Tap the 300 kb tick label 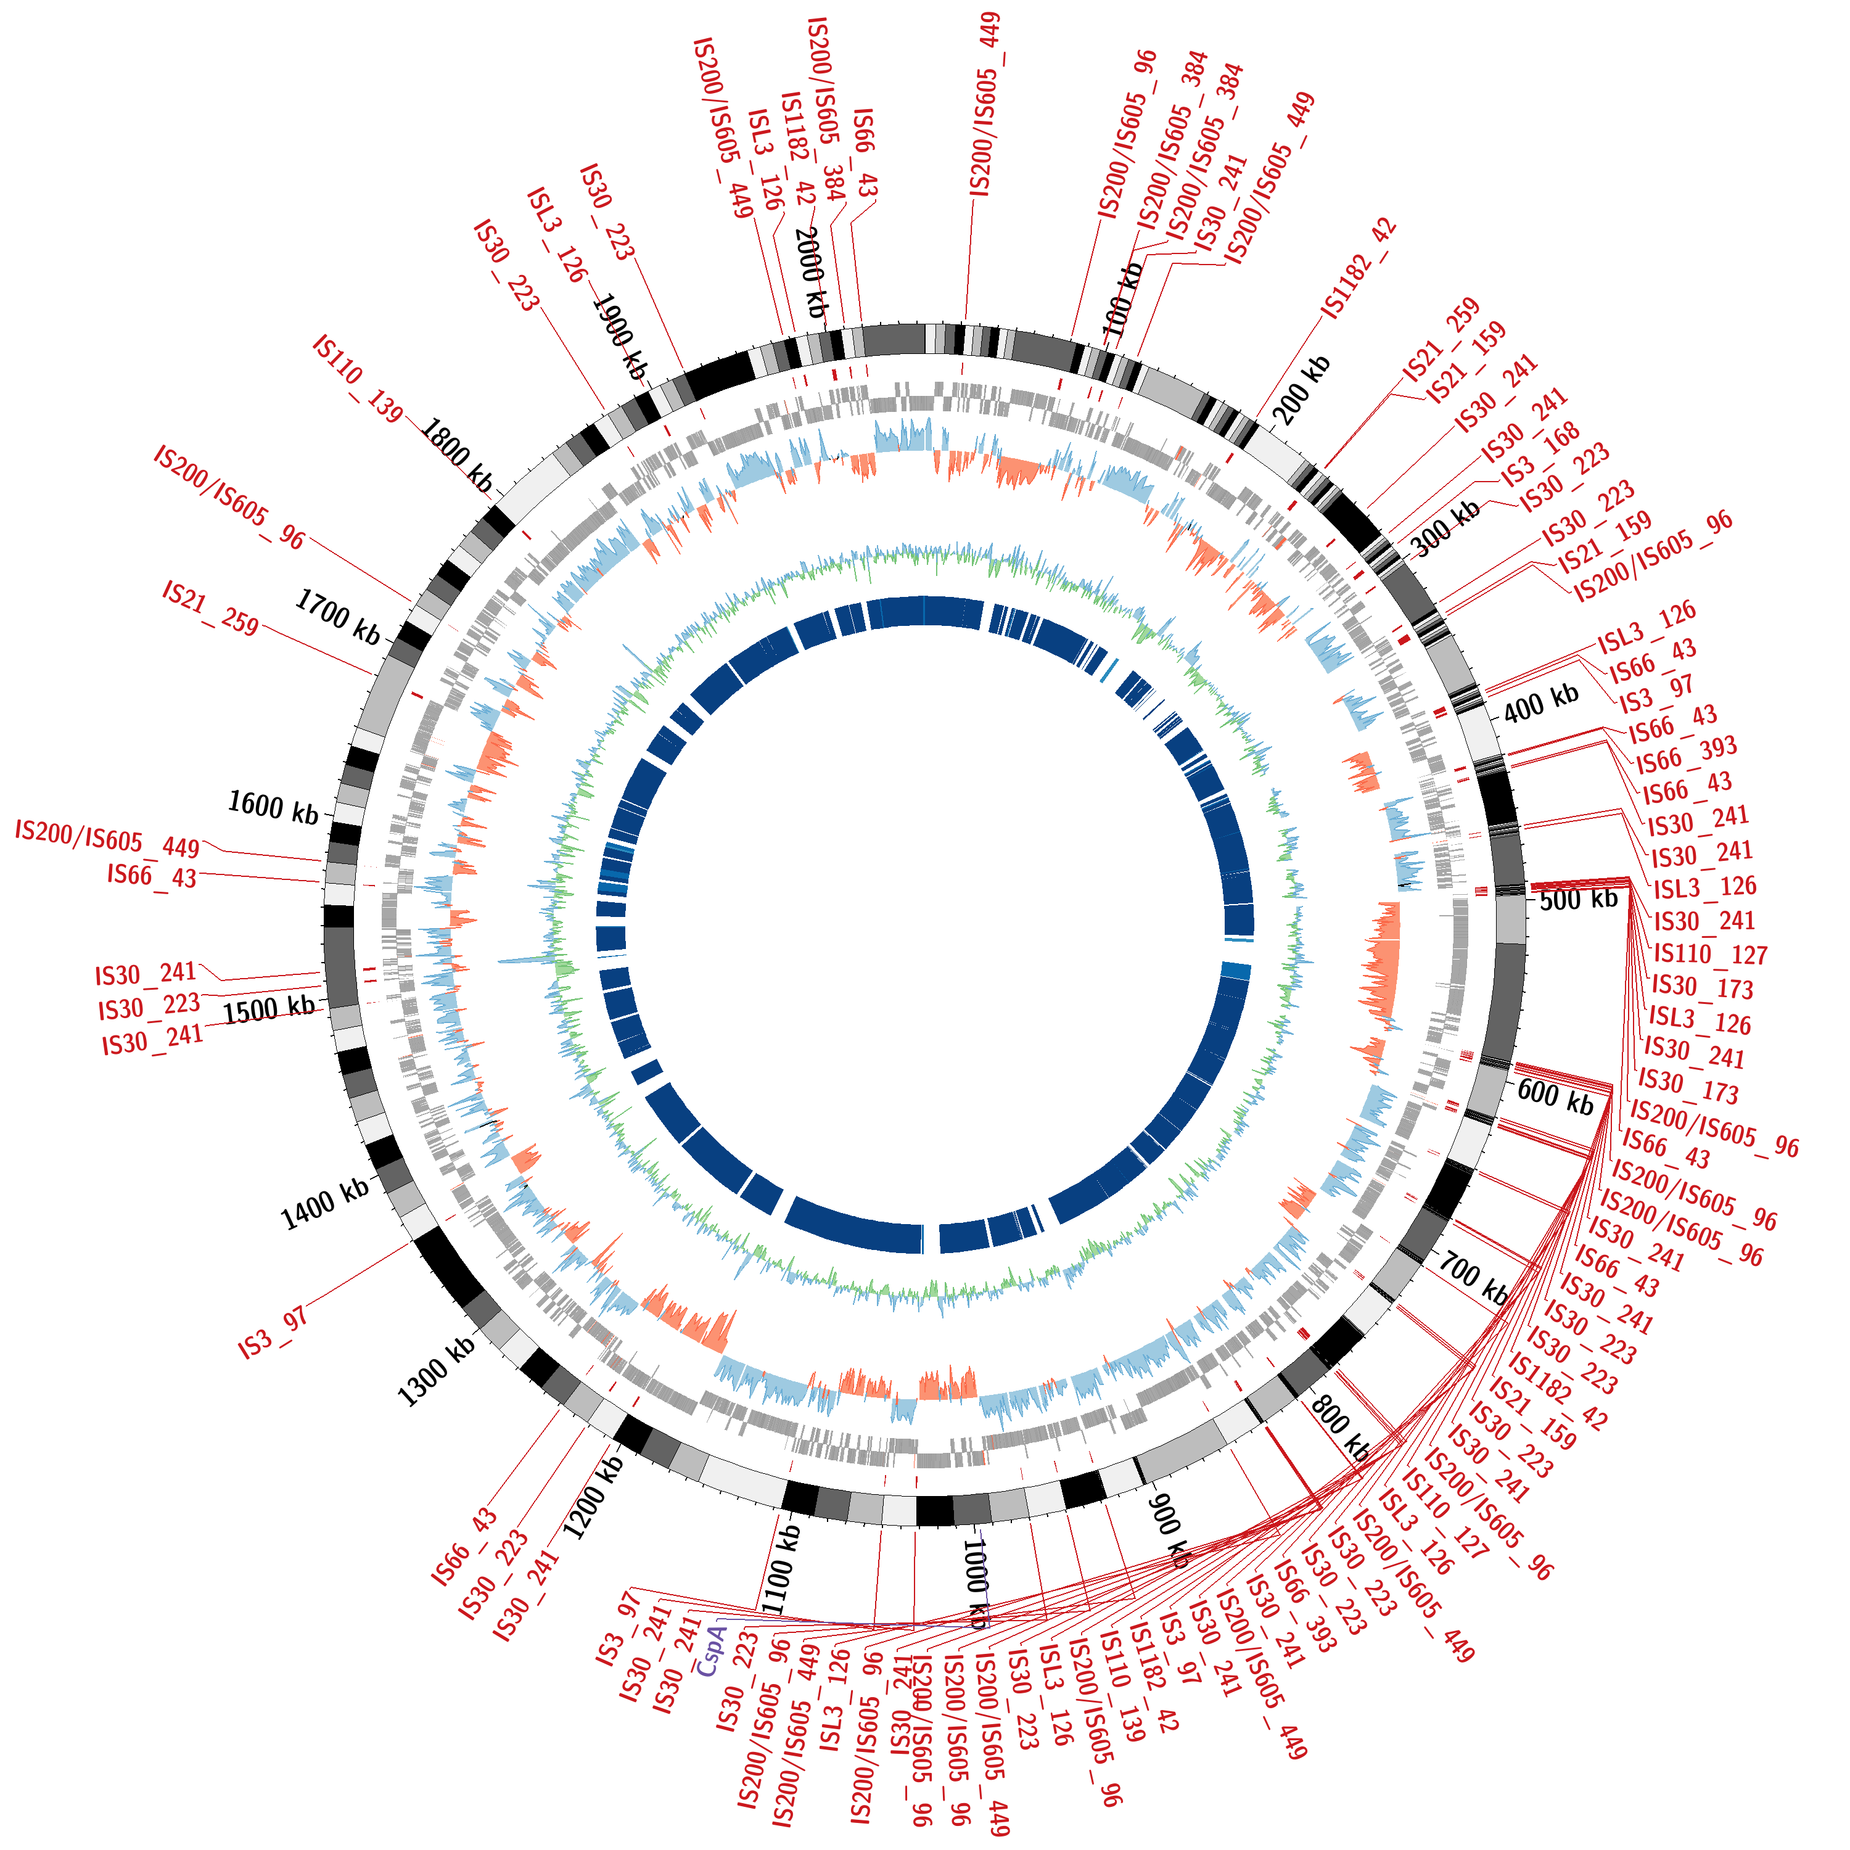click(x=1446, y=530)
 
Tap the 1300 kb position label click(x=436, y=1371)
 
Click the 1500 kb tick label click(x=269, y=1008)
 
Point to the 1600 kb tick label click(x=273, y=807)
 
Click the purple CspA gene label click(x=712, y=1649)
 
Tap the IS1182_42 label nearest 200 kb click(x=1360, y=269)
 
